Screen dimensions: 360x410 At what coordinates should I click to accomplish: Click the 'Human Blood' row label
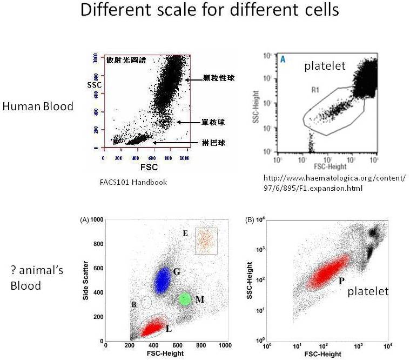click(x=38, y=106)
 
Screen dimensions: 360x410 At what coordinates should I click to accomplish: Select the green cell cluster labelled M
click(x=185, y=299)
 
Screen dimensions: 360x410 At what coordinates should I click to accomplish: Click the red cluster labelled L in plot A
click(x=152, y=328)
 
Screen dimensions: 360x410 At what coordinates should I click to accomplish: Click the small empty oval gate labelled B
click(x=146, y=303)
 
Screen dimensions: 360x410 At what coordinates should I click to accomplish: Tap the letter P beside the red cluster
click(x=341, y=281)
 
